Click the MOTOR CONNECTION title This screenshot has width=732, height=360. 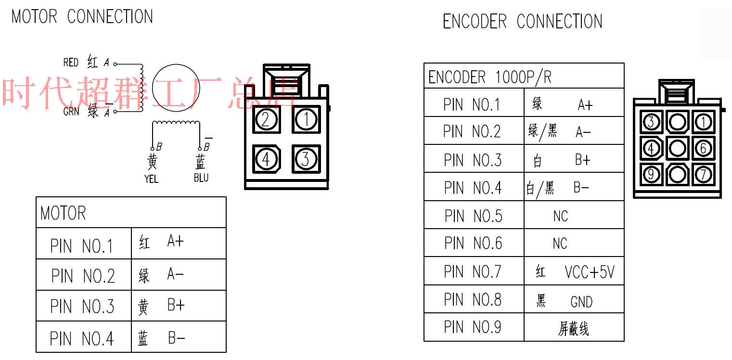pos(82,17)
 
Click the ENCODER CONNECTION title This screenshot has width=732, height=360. pos(522,22)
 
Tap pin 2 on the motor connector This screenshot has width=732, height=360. pos(266,119)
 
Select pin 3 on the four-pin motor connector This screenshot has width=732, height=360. pos(305,158)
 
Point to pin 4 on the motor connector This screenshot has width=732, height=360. pos(266,158)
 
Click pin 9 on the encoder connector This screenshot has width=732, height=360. pos(651,174)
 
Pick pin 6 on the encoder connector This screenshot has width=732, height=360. pos(703,148)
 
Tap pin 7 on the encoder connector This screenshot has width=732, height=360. pos(703,174)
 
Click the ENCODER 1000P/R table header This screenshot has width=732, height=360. pos(490,77)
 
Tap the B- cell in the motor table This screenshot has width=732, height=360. pos(178,338)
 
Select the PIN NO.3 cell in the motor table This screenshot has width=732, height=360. pos(83,306)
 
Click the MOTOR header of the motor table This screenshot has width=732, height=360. pos(64,213)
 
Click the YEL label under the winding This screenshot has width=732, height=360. pos(151,179)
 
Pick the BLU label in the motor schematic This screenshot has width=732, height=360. pos(201,178)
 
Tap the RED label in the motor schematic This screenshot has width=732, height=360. pos(71,63)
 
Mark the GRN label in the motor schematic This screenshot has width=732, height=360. pos(71,112)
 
